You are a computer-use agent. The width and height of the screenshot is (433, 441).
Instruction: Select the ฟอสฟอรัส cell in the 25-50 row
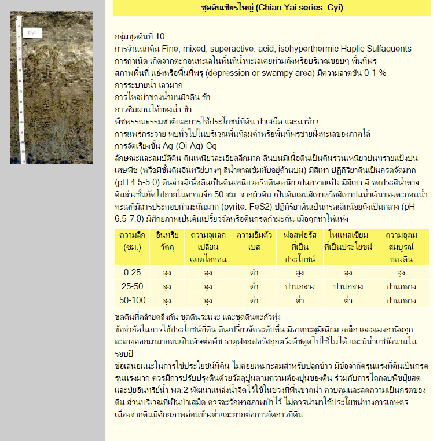[x=299, y=286]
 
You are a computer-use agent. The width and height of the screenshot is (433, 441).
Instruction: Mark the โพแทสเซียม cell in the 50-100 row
[x=348, y=300]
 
